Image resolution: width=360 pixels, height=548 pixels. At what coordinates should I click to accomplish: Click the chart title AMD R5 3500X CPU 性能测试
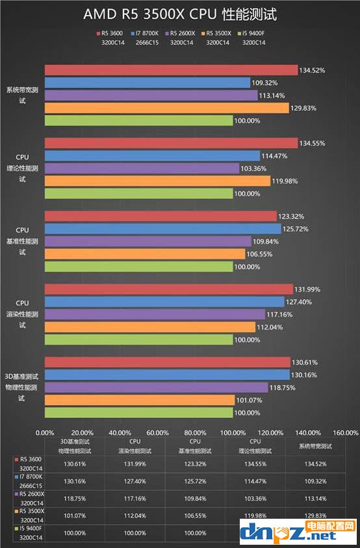point(181,14)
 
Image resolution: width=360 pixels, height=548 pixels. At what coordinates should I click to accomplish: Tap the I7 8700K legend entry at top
point(148,33)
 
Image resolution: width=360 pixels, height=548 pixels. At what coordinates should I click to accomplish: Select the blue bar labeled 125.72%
point(163,229)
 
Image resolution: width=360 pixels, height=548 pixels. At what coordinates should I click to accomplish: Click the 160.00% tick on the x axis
point(345,432)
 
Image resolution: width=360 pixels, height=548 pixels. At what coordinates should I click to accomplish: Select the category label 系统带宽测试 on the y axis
point(23,96)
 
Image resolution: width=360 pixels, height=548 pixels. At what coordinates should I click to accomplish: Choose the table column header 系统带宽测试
point(315,446)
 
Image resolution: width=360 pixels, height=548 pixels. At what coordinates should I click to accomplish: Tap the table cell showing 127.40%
point(137,482)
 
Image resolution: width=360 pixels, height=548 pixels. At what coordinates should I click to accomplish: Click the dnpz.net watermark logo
point(296,532)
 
